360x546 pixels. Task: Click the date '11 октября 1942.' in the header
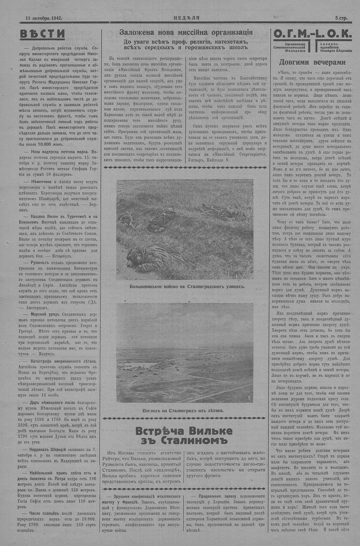(44, 17)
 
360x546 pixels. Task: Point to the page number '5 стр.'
(341, 17)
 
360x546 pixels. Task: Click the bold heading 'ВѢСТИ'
(42, 34)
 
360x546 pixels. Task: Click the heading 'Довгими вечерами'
(312, 62)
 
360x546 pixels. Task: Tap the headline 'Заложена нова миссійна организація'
(186, 32)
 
